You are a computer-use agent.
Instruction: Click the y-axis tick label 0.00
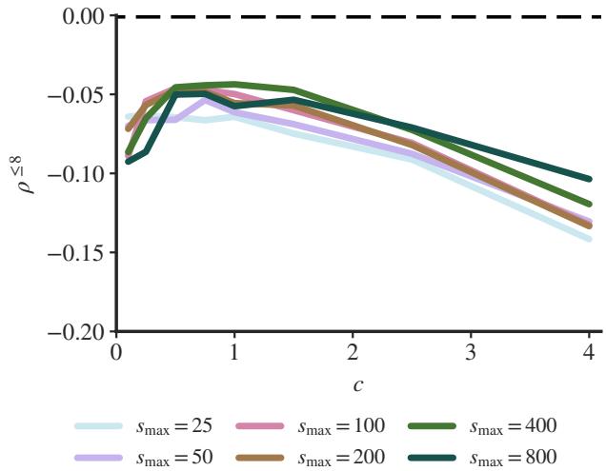(x=76, y=16)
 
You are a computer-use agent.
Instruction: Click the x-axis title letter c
(x=353, y=384)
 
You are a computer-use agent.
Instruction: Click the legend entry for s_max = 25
(x=163, y=425)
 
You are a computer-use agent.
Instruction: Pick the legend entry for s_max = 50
(x=163, y=456)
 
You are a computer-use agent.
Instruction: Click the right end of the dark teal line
(x=589, y=179)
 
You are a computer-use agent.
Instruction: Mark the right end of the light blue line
(x=589, y=239)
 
